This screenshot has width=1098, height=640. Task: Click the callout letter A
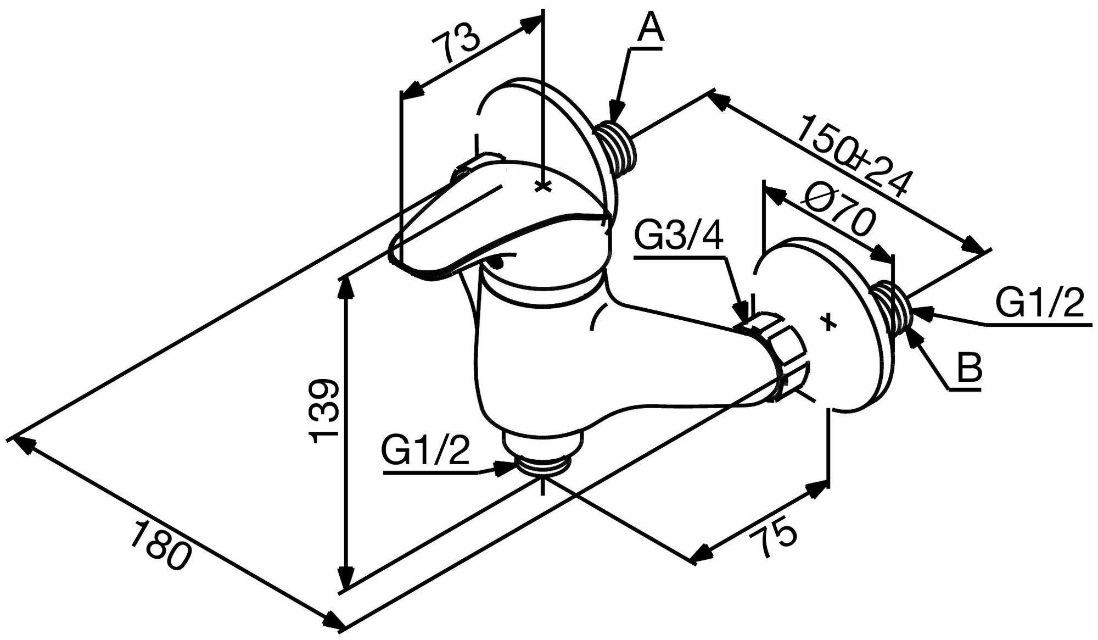(650, 28)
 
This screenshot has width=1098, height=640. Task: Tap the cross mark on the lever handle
(542, 187)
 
